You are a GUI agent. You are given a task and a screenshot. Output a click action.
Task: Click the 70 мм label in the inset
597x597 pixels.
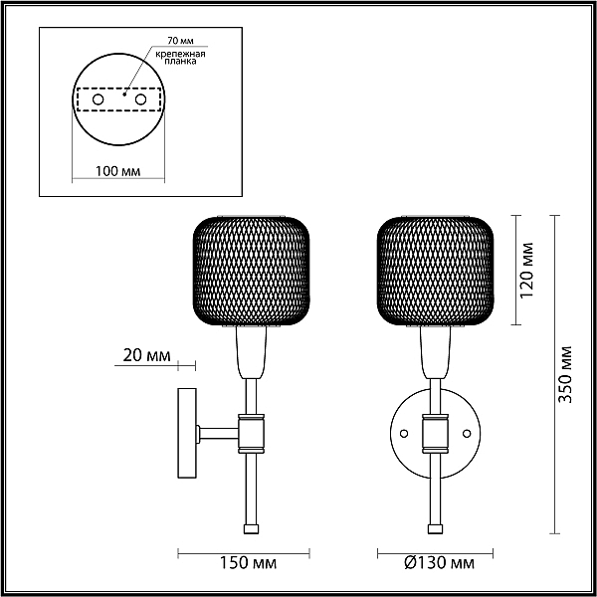[180, 41]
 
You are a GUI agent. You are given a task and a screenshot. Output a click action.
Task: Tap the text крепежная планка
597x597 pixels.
[180, 58]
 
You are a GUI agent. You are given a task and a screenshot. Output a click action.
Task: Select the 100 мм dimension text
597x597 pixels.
[117, 172]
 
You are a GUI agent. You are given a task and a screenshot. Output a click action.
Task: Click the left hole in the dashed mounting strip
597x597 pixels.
[98, 99]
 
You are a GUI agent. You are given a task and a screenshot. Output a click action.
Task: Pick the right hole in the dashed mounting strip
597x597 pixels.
[140, 99]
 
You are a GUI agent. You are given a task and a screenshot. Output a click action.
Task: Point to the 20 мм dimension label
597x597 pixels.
[146, 355]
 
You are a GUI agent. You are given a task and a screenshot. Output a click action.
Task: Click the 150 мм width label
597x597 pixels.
[248, 563]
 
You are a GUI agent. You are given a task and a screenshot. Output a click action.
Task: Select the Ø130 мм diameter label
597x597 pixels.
[439, 563]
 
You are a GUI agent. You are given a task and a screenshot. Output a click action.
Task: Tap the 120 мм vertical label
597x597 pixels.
[527, 270]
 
